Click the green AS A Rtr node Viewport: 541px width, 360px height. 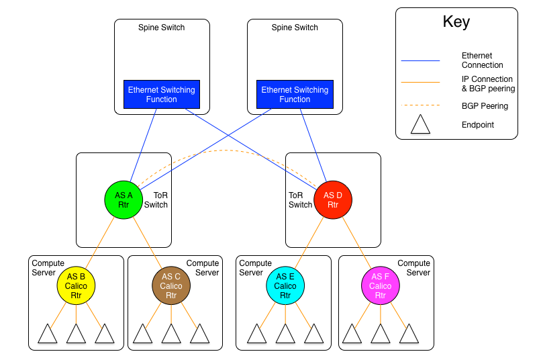124,200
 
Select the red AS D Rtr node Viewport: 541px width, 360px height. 333,200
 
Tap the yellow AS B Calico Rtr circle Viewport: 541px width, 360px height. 76,285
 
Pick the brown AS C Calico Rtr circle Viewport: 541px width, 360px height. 171,285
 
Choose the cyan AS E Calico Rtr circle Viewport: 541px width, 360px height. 285,285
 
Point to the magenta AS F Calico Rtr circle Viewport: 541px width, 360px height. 381,285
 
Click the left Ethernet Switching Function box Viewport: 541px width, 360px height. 162,95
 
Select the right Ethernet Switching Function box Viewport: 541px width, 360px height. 295,95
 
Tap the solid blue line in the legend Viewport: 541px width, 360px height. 420,61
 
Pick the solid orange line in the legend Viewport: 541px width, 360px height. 420,83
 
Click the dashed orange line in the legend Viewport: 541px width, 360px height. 420,105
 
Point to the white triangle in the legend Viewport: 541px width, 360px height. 420,126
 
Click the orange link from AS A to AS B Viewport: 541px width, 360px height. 100,242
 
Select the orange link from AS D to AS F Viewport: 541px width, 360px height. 356,242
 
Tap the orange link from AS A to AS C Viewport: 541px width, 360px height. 148,242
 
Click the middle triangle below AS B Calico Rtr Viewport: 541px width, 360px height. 76,335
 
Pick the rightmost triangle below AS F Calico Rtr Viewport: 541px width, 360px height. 409,335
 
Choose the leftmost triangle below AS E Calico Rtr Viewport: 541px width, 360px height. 257,335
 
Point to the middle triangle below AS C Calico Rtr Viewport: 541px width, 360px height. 171,335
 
